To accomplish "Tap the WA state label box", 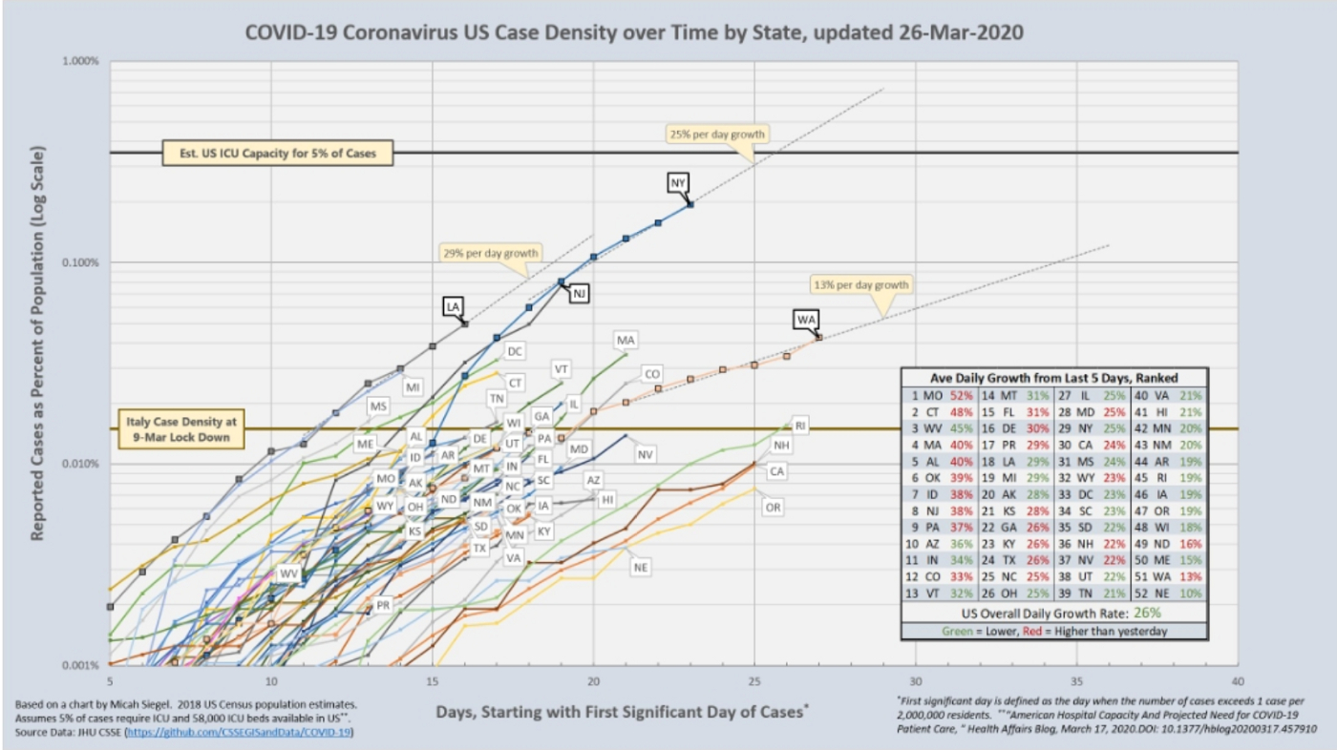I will (x=805, y=319).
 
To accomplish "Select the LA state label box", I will (x=453, y=306).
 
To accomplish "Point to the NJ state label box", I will (x=578, y=294).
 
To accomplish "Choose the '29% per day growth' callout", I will (x=491, y=253).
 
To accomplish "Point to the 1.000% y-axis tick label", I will (x=80, y=61).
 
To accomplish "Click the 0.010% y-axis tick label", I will (x=80, y=464).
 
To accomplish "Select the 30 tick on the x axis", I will (x=915, y=681).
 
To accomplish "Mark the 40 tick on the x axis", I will (x=1238, y=681).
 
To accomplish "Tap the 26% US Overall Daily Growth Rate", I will (x=1113, y=613).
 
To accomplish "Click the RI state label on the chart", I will (x=800, y=426).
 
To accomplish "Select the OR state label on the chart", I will (x=773, y=508).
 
